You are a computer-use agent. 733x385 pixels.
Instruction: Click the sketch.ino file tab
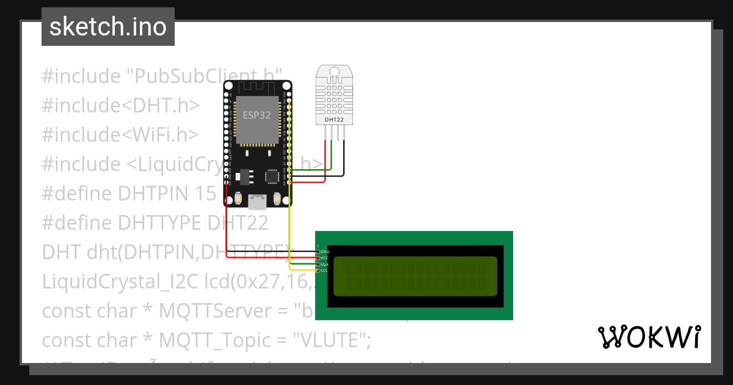108,27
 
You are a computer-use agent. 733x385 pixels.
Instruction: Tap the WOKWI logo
649,337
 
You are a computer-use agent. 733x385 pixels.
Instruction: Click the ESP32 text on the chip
257,114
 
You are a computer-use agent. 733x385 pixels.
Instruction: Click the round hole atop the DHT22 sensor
334,72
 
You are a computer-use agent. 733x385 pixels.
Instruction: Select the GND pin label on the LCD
325,252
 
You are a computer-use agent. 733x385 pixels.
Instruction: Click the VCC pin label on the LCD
325,258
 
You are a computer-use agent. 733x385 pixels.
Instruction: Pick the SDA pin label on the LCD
325,264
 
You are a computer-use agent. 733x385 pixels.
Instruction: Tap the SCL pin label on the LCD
325,270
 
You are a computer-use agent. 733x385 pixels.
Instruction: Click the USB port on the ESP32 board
257,201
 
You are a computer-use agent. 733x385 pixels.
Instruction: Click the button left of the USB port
238,199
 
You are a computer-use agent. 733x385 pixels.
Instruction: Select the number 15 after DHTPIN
206,194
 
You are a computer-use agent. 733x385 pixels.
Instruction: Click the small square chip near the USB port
272,177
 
